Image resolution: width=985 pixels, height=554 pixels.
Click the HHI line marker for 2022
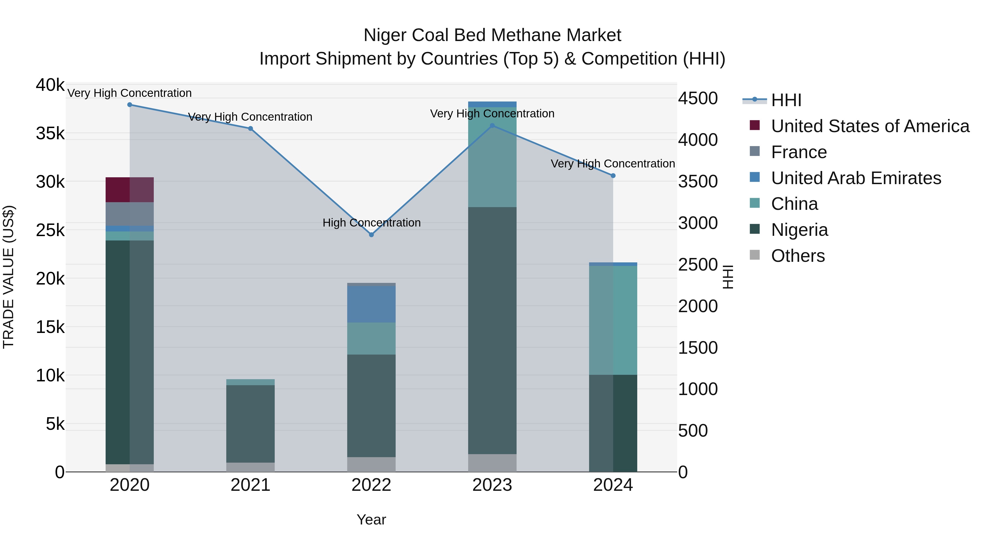tap(371, 235)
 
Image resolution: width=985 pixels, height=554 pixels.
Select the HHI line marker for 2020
tap(130, 105)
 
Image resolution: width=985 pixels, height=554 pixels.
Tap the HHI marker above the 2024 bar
tap(613, 175)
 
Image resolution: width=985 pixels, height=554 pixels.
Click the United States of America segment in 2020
tap(130, 190)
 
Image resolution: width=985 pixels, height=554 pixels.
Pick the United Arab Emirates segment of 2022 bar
tap(371, 304)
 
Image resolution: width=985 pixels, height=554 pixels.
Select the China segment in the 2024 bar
tap(613, 320)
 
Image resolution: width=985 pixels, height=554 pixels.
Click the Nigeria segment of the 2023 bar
tap(492, 331)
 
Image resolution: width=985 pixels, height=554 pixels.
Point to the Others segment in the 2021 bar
tap(250, 467)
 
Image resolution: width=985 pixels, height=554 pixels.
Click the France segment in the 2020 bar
tap(130, 214)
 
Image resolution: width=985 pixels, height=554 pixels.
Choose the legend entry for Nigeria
tap(799, 230)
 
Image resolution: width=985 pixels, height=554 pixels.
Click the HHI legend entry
tap(786, 100)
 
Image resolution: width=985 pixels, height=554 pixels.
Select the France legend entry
tap(798, 152)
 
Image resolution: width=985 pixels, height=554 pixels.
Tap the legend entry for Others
tap(798, 256)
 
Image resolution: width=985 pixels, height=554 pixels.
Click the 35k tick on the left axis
tap(50, 134)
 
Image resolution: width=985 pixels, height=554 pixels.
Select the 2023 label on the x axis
tap(492, 485)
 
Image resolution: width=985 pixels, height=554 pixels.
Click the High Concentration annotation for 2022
tap(371, 222)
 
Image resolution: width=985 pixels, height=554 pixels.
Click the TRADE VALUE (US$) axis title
tap(8, 277)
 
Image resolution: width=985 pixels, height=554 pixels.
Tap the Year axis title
tap(371, 520)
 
